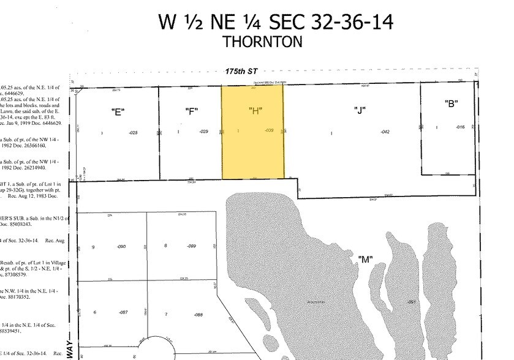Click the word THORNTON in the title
point(263,42)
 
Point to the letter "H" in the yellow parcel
point(255,111)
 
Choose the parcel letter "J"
point(360,111)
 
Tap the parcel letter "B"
point(452,103)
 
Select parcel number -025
point(133,132)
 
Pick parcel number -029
point(205,132)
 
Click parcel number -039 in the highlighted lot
point(268,130)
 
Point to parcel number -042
point(385,132)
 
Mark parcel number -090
point(121,247)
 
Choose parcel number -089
point(191,246)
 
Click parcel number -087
point(123,313)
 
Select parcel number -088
point(197,315)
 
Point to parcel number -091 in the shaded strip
point(412,302)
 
